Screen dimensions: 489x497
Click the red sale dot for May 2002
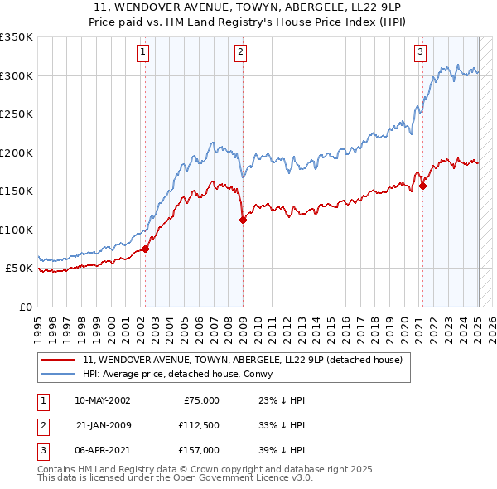[x=145, y=248]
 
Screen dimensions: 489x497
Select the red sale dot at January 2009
[x=243, y=220]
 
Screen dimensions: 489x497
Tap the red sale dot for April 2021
[x=422, y=186]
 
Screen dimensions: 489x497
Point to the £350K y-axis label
[x=17, y=37]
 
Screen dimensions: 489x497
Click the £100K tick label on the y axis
[x=17, y=230]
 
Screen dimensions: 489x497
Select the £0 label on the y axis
[x=25, y=307]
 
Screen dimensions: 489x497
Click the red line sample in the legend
[x=58, y=361]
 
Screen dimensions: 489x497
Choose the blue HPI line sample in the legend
[x=58, y=374]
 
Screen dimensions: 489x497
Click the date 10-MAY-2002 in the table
[x=102, y=400]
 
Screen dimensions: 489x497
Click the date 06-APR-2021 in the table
[x=102, y=450]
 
